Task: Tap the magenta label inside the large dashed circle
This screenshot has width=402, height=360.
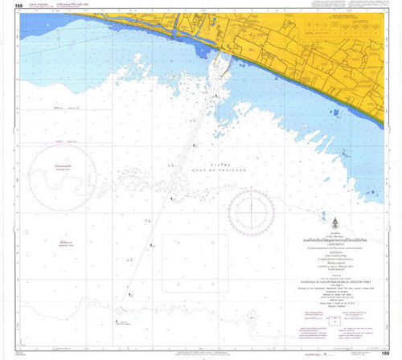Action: click(x=59, y=167)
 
